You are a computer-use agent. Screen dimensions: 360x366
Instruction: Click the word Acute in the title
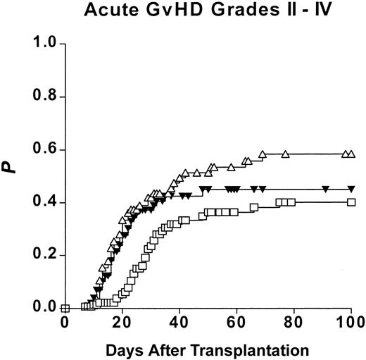106,11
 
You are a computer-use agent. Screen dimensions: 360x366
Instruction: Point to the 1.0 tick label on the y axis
44,44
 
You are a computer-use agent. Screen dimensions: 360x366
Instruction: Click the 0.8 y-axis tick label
44,97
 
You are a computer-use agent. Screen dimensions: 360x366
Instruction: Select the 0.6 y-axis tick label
44,150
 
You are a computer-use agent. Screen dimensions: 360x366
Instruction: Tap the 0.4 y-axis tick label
44,203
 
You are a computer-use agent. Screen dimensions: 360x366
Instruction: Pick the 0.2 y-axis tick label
44,256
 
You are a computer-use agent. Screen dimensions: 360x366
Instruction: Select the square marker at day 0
65,308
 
